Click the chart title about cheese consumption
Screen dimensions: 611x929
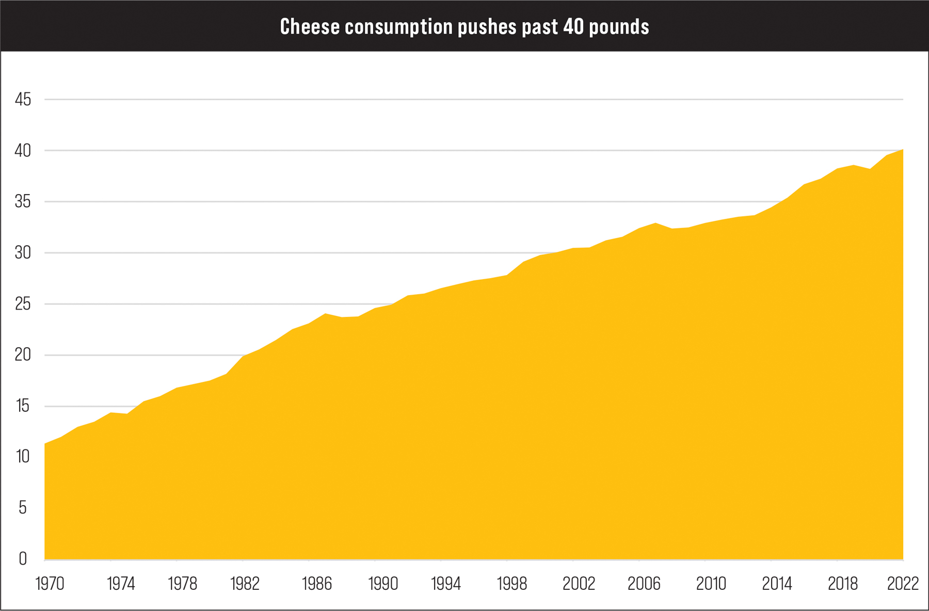464,26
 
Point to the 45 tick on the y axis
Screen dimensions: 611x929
23,99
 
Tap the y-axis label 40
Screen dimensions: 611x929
23,151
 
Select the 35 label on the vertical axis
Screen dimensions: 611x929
23,202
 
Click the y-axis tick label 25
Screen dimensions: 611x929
23,304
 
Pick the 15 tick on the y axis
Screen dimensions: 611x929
23,406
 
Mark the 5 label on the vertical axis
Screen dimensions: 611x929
23,508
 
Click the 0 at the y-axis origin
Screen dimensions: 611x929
23,558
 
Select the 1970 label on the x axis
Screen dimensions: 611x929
50,584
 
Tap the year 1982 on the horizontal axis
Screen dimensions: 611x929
245,584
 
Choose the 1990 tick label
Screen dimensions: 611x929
383,584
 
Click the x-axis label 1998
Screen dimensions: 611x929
512,584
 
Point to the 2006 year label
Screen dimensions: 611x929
644,584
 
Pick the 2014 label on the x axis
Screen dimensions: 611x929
777,584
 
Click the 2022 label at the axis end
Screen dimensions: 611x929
903,584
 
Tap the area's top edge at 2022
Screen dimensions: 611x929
903,150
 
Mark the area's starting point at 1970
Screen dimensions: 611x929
45,443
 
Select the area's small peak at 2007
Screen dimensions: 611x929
655,223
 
